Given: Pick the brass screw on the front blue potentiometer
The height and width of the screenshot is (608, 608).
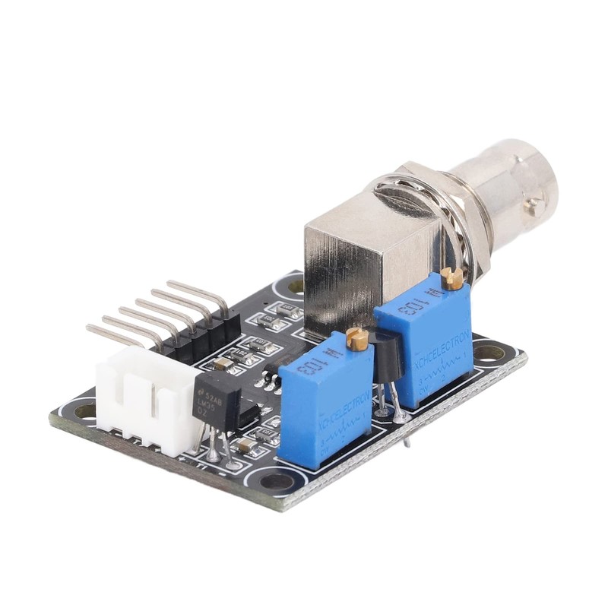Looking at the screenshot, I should pyautogui.click(x=356, y=339).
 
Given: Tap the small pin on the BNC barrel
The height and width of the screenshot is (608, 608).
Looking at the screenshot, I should pyautogui.click(x=536, y=203).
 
